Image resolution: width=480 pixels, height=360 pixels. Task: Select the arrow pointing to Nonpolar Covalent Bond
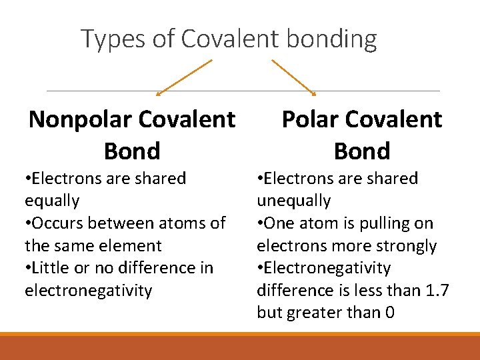click(x=183, y=77)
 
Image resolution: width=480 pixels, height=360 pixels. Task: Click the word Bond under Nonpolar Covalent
click(x=132, y=151)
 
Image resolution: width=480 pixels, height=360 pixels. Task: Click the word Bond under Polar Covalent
click(x=362, y=151)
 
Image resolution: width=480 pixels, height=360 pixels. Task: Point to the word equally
click(x=52, y=201)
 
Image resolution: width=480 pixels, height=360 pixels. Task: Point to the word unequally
click(x=294, y=201)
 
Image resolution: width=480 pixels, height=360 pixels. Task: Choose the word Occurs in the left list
click(x=59, y=223)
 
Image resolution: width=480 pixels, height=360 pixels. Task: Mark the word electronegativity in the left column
click(x=88, y=290)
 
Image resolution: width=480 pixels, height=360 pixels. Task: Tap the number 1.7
click(x=437, y=290)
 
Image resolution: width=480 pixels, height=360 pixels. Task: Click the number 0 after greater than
click(x=389, y=312)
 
